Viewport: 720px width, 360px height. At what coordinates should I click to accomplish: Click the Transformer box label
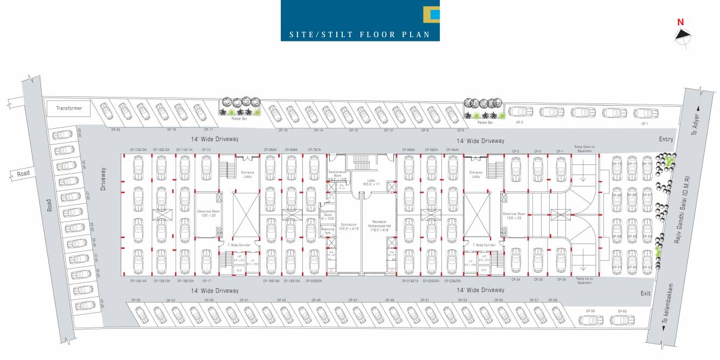(69, 108)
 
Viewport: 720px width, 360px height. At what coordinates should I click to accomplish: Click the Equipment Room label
(328, 215)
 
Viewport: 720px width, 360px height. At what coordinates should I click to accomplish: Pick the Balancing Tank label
(328, 230)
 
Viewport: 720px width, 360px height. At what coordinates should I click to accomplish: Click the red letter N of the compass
(681, 23)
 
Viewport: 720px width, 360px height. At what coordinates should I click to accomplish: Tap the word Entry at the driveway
(666, 139)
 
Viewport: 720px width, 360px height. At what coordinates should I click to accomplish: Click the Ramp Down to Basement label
(584, 149)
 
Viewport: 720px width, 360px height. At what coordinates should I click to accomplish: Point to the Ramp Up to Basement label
(584, 281)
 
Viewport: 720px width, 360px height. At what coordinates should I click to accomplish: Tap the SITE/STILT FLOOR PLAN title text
(359, 34)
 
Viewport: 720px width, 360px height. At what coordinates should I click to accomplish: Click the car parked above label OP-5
(520, 112)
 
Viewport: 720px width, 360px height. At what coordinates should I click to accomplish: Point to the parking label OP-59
(590, 311)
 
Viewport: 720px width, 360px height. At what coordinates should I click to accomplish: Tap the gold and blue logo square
(432, 15)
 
